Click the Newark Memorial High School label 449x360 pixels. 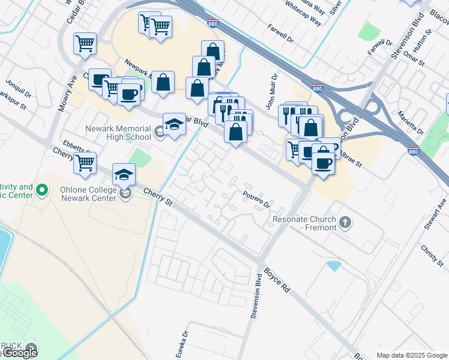[x=118, y=132]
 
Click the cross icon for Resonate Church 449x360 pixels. [x=345, y=223]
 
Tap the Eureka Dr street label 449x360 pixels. [x=185, y=342]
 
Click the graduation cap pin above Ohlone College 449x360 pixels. [x=124, y=175]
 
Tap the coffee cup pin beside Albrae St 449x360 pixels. [x=322, y=162]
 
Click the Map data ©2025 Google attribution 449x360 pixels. [x=411, y=355]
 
